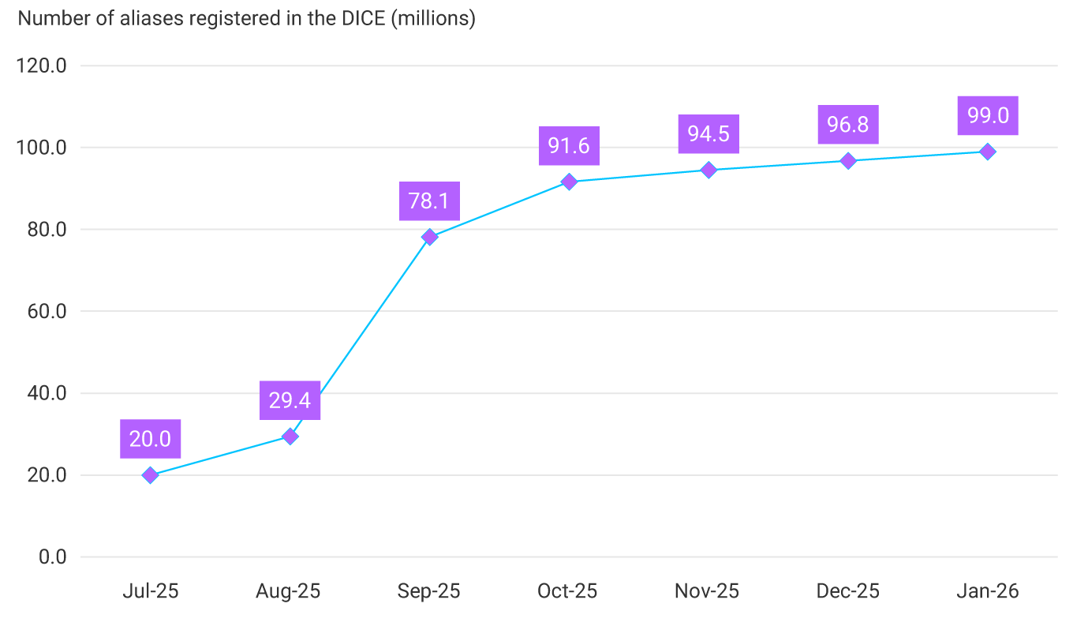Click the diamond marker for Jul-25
[x=150, y=475]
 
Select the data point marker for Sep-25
[x=429, y=237]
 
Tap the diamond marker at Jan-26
[x=987, y=152]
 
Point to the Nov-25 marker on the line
[x=708, y=170]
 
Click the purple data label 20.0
[x=150, y=439]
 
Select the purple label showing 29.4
[x=290, y=400]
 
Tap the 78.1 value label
[x=429, y=201]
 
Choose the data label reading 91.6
[x=569, y=145]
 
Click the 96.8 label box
[x=848, y=125]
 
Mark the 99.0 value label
[x=988, y=116]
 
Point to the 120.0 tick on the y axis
[x=41, y=66]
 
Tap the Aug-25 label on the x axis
[x=288, y=591]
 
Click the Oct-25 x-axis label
[x=567, y=591]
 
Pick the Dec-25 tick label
[x=847, y=591]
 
